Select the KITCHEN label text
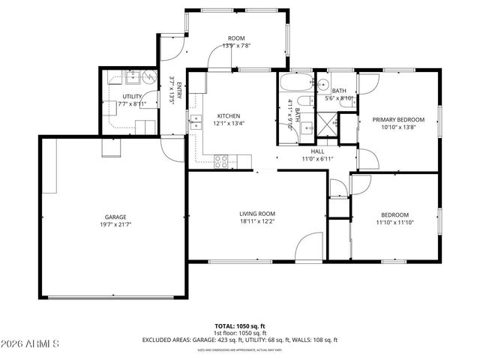pyautogui.click(x=229, y=115)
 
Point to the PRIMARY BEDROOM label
pyautogui.click(x=398, y=119)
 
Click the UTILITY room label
pyautogui.click(x=133, y=97)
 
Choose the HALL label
pyautogui.click(x=318, y=151)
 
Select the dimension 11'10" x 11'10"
pyautogui.click(x=394, y=223)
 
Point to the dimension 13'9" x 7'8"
pyautogui.click(x=236, y=46)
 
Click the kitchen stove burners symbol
pyautogui.click(x=222, y=160)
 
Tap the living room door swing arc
pyautogui.click(x=307, y=247)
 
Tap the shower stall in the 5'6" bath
pyautogui.click(x=328, y=124)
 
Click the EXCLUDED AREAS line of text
pyautogui.click(x=240, y=339)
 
